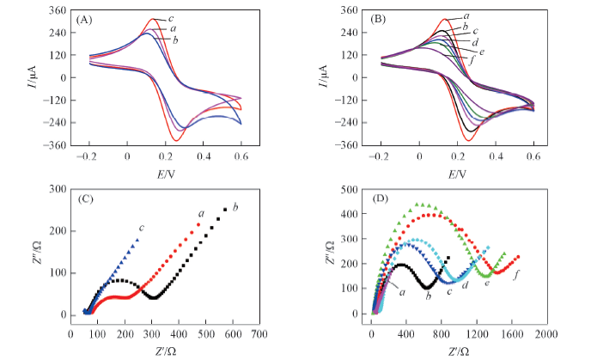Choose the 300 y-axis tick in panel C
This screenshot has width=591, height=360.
(58, 188)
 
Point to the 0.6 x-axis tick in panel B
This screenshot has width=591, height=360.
(533, 158)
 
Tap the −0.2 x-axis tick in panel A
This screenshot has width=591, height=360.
(87, 158)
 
